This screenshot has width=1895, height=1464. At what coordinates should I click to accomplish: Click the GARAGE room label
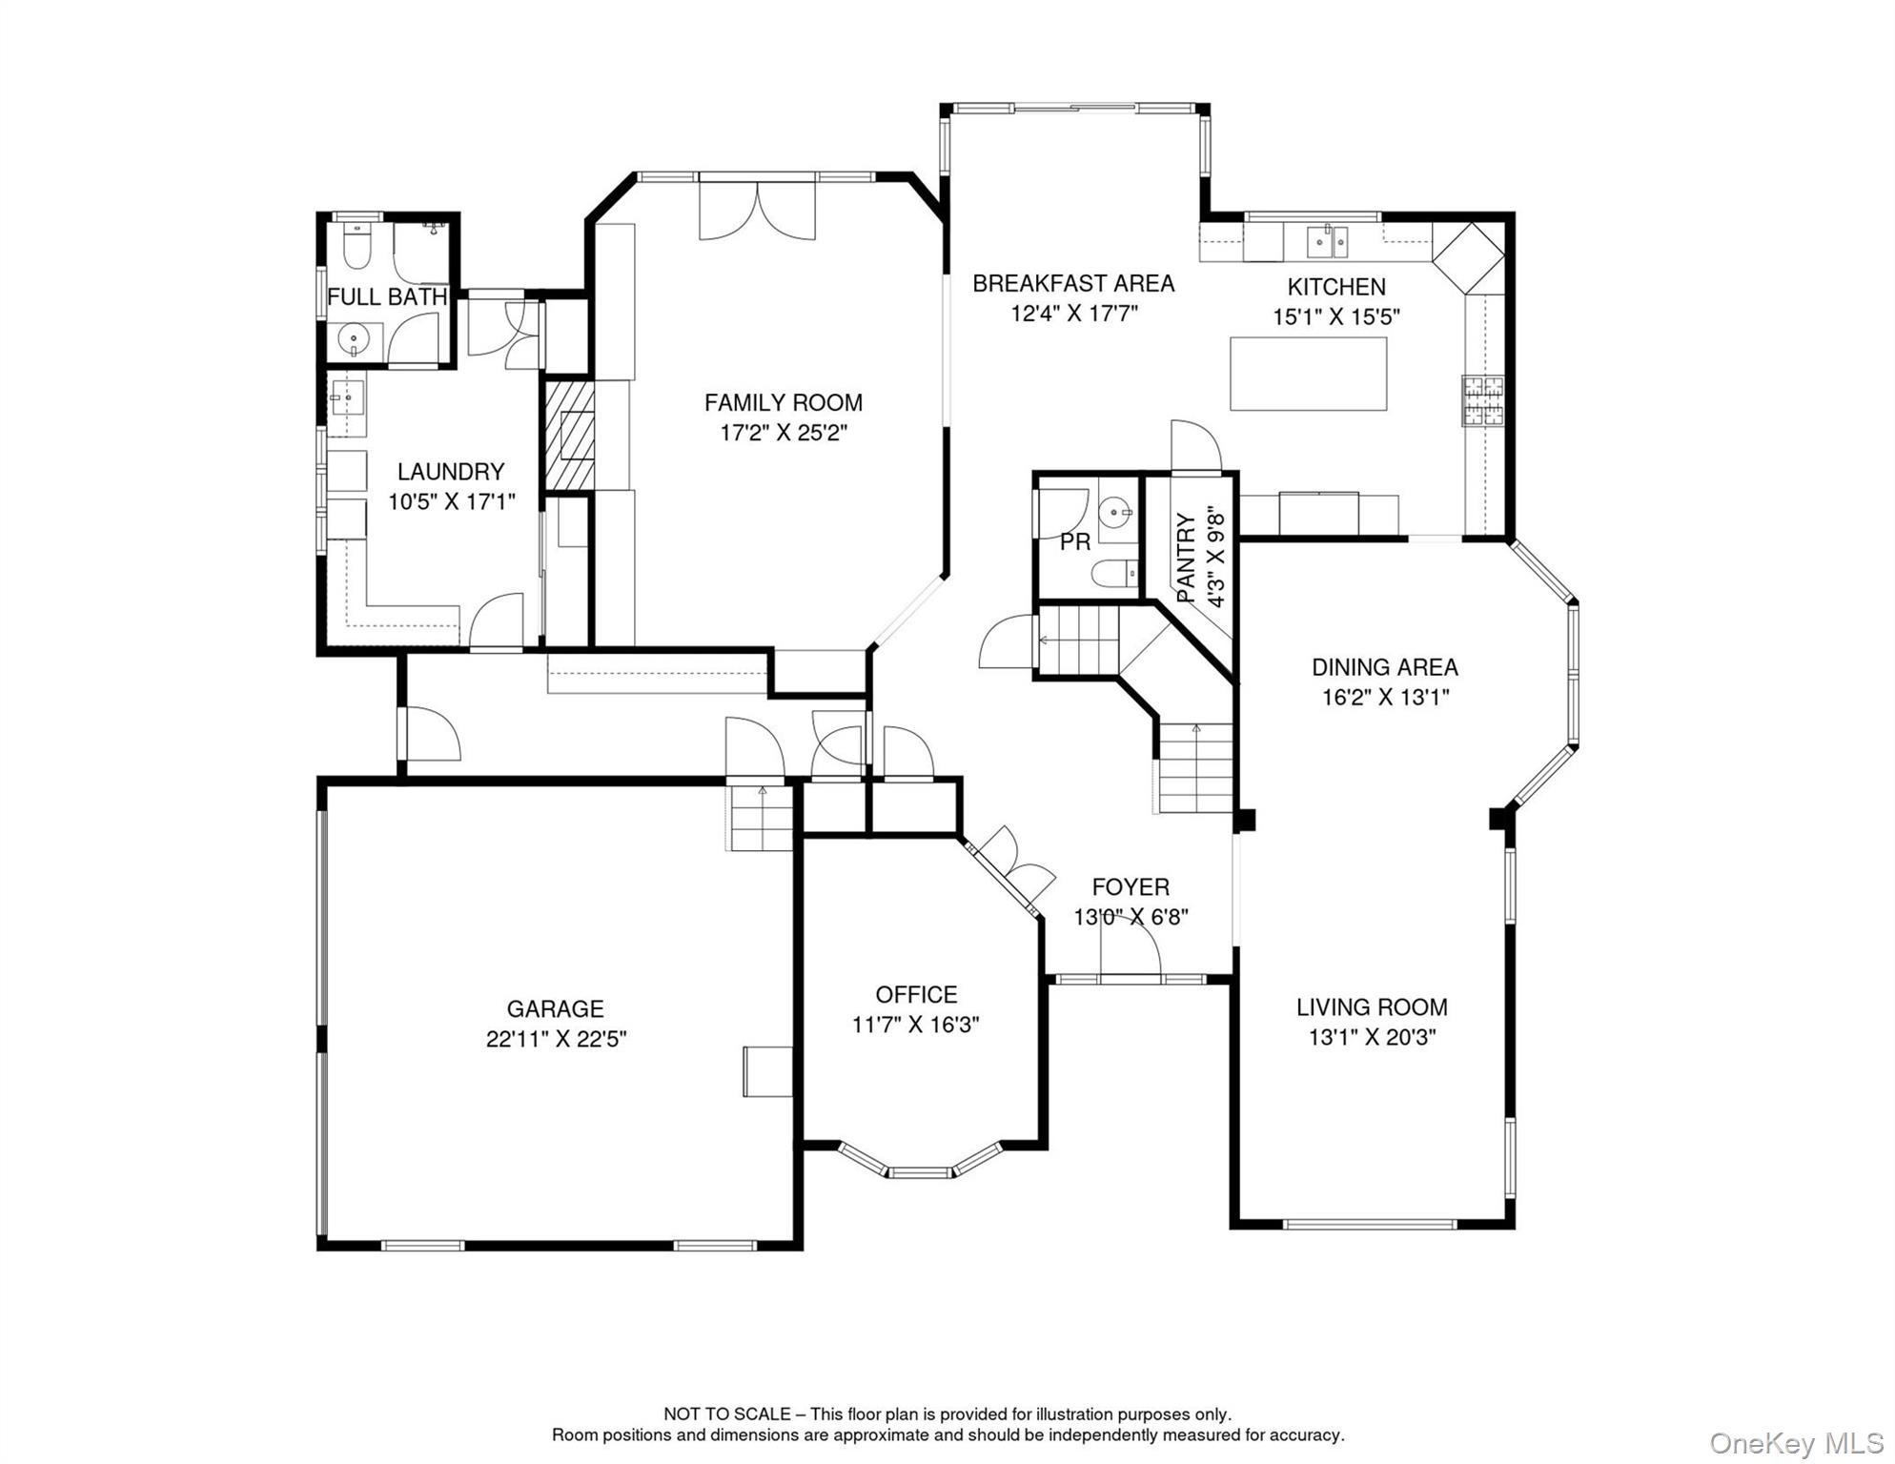pos(555,1008)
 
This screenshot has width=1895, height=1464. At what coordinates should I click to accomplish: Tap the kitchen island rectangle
pos(1308,374)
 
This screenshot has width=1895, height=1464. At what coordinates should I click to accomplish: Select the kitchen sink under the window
pos(1327,241)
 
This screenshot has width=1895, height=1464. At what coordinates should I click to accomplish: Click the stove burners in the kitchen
pos(1483,400)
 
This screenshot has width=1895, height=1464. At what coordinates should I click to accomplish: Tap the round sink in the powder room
pos(1114,514)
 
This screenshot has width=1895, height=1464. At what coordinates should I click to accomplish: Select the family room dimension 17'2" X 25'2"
pos(784,433)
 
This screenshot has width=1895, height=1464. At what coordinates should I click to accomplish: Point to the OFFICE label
pos(916,994)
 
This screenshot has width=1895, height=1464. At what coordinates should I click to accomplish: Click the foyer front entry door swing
pos(1130,948)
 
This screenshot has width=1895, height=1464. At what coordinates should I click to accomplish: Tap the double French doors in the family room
pos(757,210)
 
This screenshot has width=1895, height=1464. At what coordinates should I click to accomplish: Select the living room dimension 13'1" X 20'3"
pos(1372,1037)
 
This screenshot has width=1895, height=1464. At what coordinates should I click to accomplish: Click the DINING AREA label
pos(1384,667)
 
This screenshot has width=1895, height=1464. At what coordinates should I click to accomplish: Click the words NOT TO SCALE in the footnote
pos(726,1414)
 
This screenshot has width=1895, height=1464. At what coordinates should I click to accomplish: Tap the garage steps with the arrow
pos(762,817)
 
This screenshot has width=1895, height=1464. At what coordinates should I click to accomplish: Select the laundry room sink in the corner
pos(347,396)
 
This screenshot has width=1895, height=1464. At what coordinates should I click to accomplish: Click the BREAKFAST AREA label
pos(1073,283)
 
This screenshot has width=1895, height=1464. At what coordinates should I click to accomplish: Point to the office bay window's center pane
pos(919,1171)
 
